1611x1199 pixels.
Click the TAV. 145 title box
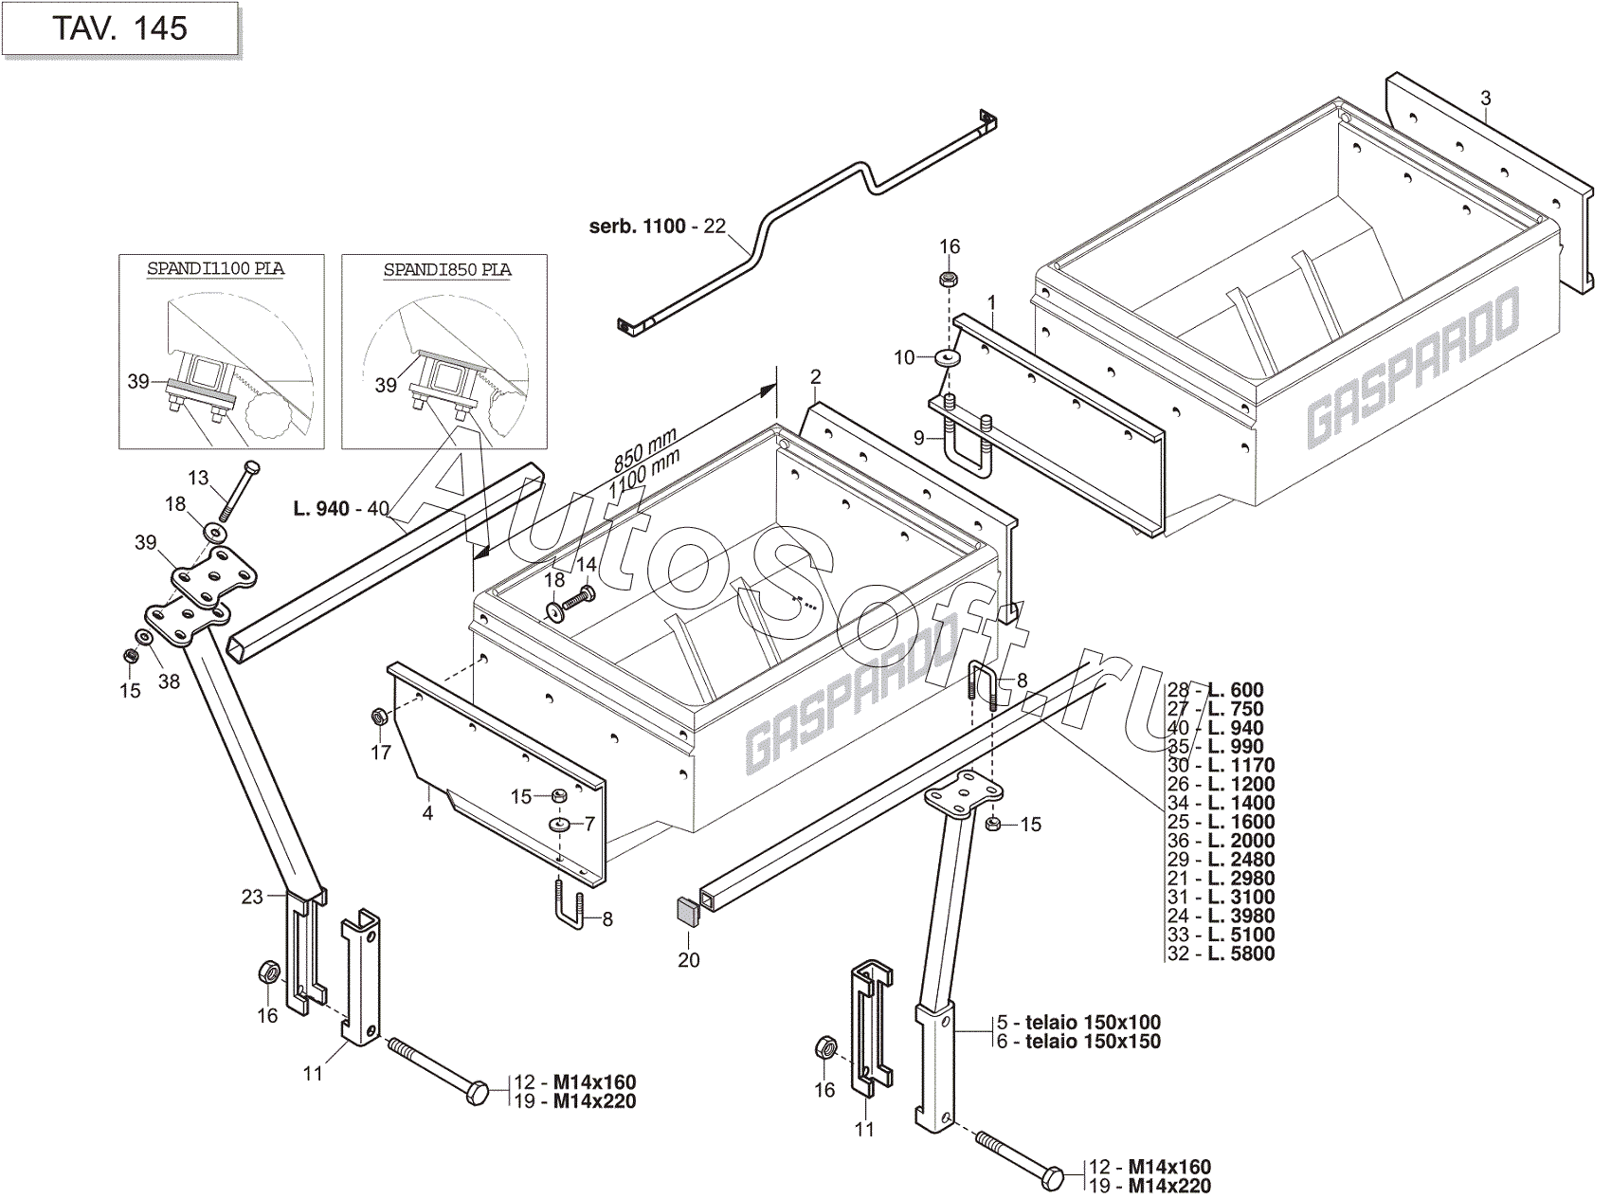click(x=119, y=28)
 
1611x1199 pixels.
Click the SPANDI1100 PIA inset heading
click(x=215, y=269)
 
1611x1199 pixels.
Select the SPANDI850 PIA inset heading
click(x=446, y=270)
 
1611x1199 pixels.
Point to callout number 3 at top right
click(x=1485, y=99)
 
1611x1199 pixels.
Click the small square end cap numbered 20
click(x=687, y=912)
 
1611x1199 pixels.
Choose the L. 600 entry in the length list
click(x=1236, y=690)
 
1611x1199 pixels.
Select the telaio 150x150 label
click(x=1092, y=1042)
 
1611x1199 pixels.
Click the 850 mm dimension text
click(x=644, y=450)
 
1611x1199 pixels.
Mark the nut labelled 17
click(x=377, y=716)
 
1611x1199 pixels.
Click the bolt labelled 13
click(x=238, y=490)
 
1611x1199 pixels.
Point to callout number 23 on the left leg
click(x=251, y=896)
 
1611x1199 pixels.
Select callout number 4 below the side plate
click(x=427, y=813)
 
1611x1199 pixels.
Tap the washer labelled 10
click(x=947, y=357)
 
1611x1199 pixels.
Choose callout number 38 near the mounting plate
click(x=169, y=681)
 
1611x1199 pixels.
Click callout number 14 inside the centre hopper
click(x=587, y=566)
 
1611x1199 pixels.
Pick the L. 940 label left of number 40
click(x=321, y=509)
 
